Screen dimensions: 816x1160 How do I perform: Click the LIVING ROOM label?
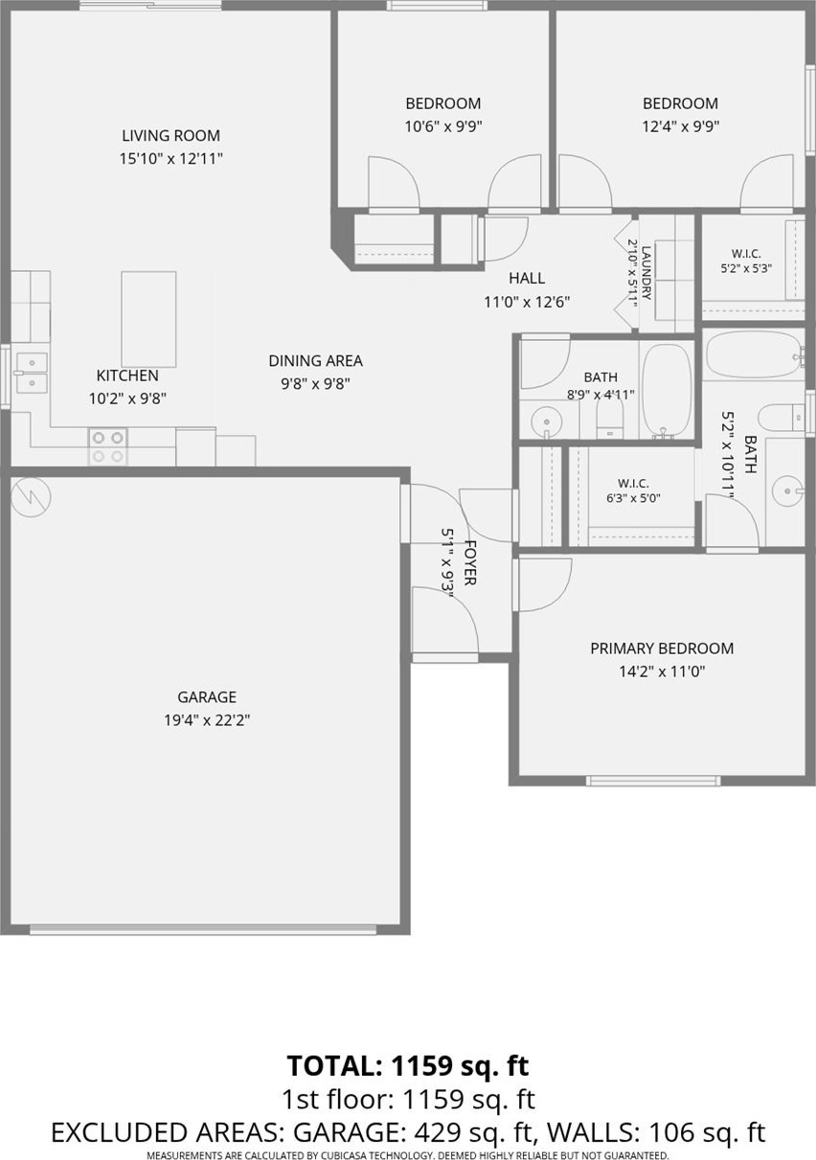click(170, 136)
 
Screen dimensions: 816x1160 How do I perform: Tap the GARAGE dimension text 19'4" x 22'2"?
click(207, 720)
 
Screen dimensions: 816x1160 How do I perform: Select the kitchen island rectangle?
click(148, 319)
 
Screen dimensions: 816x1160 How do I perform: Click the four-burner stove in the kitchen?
click(107, 447)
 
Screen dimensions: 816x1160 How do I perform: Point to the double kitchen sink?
click(33, 373)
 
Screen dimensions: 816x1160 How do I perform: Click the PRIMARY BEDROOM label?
click(662, 648)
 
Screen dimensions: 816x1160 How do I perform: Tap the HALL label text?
click(527, 279)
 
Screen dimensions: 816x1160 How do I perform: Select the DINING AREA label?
click(315, 361)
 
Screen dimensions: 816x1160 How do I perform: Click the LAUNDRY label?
click(646, 272)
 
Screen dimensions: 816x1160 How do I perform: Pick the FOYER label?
click(470, 562)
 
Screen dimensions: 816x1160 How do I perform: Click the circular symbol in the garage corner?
click(31, 497)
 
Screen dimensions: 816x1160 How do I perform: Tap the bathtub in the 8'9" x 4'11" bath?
click(667, 392)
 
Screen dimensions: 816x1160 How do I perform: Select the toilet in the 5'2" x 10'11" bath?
click(782, 418)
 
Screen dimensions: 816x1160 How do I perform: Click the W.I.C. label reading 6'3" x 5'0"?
click(633, 491)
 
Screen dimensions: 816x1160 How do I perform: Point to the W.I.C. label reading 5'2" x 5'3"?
click(746, 261)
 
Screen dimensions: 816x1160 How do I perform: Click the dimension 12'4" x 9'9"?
click(680, 126)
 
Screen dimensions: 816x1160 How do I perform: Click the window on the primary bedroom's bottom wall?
click(653, 781)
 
